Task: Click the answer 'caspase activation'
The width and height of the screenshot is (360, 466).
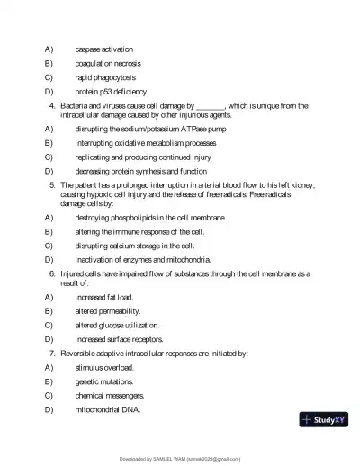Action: pyautogui.click(x=103, y=49)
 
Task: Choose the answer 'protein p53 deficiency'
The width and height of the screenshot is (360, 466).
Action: pyautogui.click(x=111, y=92)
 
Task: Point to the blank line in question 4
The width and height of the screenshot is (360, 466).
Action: pyautogui.click(x=210, y=106)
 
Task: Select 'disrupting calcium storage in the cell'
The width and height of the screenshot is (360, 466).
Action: pyautogui.click(x=134, y=246)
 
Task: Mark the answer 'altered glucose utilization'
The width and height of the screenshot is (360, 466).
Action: pyautogui.click(x=117, y=325)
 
